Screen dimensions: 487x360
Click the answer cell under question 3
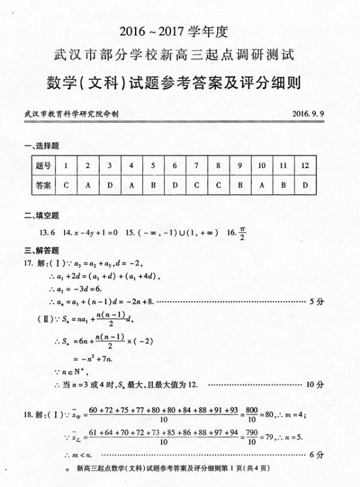(110, 185)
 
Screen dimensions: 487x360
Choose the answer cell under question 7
(196, 185)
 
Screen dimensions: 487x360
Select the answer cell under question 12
(305, 185)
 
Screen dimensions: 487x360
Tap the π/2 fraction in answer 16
(242, 231)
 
